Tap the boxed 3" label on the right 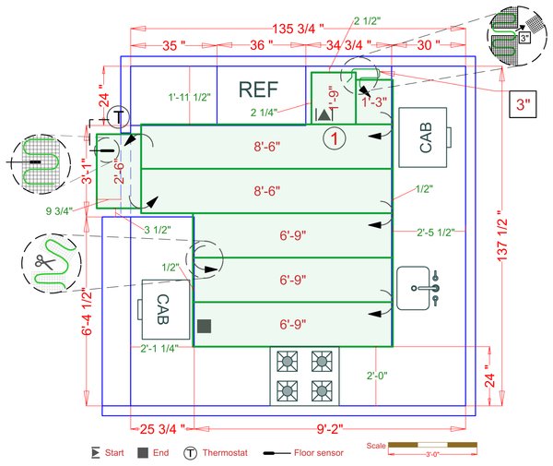click(524, 105)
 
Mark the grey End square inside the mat click(205, 325)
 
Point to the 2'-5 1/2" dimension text click(434, 232)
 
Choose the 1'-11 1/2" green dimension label click(190, 96)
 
